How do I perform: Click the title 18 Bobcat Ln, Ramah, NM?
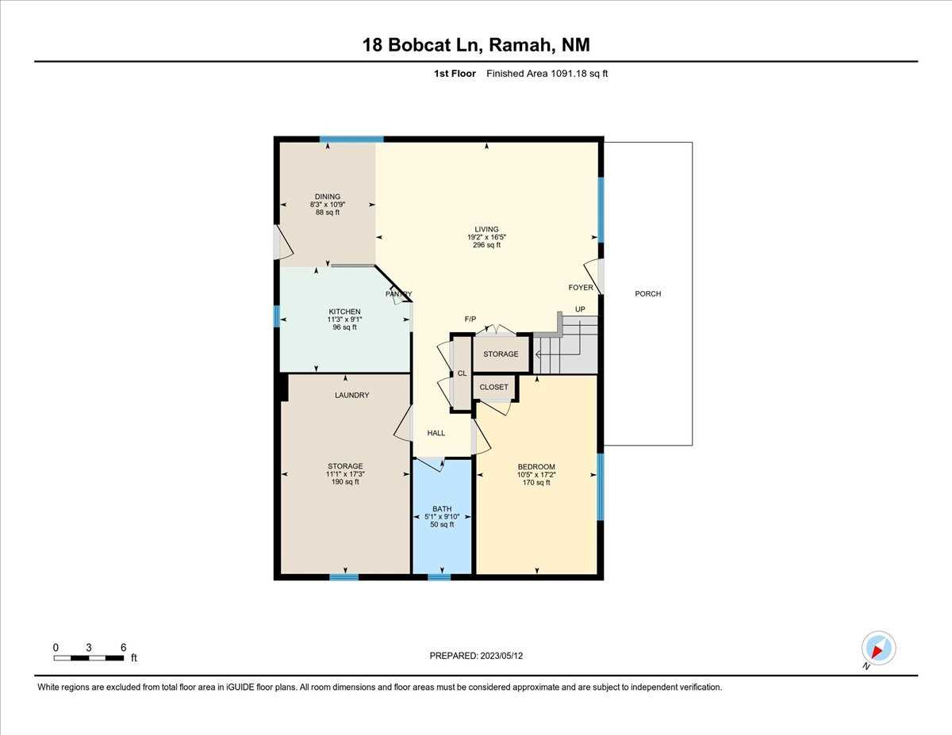tap(476, 45)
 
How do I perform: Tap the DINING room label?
tap(327, 197)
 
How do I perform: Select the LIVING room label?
tap(487, 229)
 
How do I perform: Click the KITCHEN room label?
tap(344, 312)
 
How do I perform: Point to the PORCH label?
tap(647, 293)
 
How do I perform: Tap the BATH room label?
tap(441, 509)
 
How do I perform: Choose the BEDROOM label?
tap(536, 466)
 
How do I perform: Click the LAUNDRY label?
tap(351, 395)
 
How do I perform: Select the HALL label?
tap(436, 433)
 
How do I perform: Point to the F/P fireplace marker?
tap(470, 319)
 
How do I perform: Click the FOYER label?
tap(580, 288)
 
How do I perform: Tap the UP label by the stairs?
tap(580, 309)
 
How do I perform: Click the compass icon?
tap(877, 649)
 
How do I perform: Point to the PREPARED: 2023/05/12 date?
tap(476, 656)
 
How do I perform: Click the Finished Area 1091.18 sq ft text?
tap(547, 74)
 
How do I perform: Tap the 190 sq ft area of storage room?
tap(345, 482)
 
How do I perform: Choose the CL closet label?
tap(461, 373)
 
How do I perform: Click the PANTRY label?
tap(399, 294)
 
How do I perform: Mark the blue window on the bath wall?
tap(439, 577)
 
